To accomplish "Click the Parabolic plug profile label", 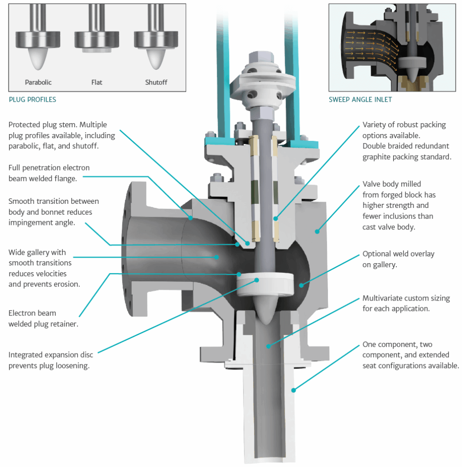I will pyautogui.click(x=38, y=83).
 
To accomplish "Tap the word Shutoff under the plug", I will pyautogui.click(x=156, y=83).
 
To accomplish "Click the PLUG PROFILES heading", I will pyautogui.click(x=32, y=99).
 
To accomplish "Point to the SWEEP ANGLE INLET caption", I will pyautogui.click(x=360, y=99).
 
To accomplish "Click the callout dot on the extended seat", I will pyautogui.click(x=294, y=390).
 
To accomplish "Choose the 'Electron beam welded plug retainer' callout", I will pyautogui.click(x=32, y=318).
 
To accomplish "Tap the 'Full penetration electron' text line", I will pyautogui.click(x=49, y=168).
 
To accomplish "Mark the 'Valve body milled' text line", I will pyautogui.click(x=392, y=184).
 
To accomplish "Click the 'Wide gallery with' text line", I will pyautogui.click(x=37, y=252).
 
